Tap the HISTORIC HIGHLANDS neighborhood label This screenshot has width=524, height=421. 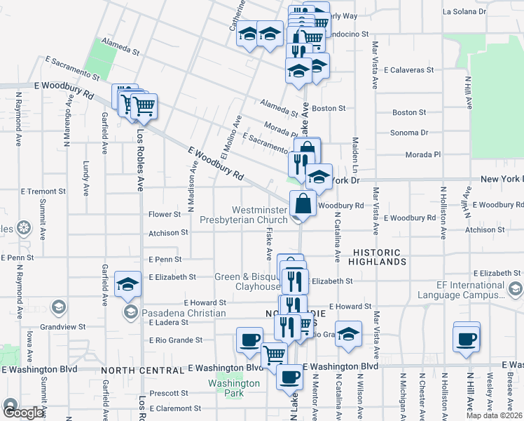pyautogui.click(x=378, y=257)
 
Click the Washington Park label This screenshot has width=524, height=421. pyautogui.click(x=234, y=388)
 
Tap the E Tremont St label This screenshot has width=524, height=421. pyautogui.click(x=42, y=191)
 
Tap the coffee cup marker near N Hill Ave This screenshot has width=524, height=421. pyautogui.click(x=466, y=339)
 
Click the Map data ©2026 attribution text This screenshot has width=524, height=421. pyautogui.click(x=494, y=415)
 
